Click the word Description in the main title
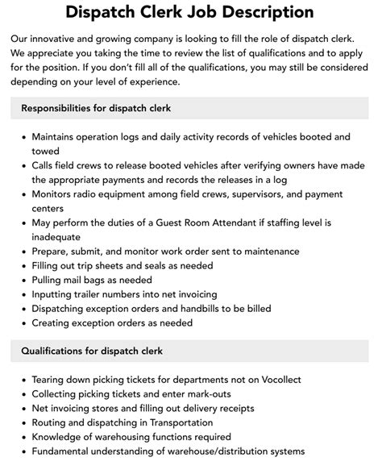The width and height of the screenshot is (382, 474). [244, 12]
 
